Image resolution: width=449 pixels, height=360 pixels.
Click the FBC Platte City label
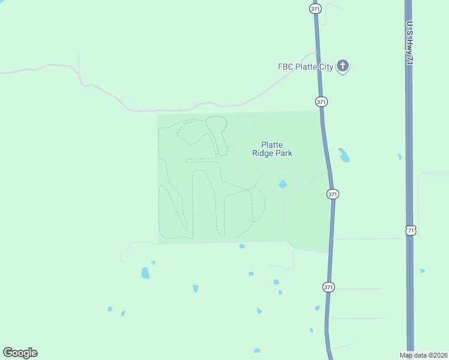click(305, 67)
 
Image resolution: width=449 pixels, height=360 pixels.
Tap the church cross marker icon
click(343, 66)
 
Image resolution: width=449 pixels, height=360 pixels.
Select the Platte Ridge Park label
click(272, 149)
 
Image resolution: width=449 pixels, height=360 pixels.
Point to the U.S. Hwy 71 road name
click(411, 43)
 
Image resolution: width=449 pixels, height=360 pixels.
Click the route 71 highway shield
click(410, 230)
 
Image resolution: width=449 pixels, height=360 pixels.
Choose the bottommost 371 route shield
click(328, 287)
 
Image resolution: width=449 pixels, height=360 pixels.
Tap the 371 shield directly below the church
click(322, 102)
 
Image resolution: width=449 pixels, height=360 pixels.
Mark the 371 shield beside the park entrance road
click(333, 194)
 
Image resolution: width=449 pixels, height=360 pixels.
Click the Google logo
click(20, 353)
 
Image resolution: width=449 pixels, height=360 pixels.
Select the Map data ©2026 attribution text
click(423, 355)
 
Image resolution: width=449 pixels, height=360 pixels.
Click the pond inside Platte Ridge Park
click(282, 184)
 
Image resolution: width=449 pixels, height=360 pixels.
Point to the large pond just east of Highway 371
click(344, 155)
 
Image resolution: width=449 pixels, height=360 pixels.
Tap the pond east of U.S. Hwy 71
click(423, 271)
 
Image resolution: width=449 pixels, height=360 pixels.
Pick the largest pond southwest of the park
click(145, 273)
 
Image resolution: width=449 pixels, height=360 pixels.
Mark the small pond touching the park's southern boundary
click(242, 246)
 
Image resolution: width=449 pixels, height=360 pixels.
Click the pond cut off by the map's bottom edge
click(257, 350)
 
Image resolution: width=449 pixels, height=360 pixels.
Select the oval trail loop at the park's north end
click(216, 124)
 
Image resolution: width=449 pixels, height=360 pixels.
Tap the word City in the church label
click(325, 67)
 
